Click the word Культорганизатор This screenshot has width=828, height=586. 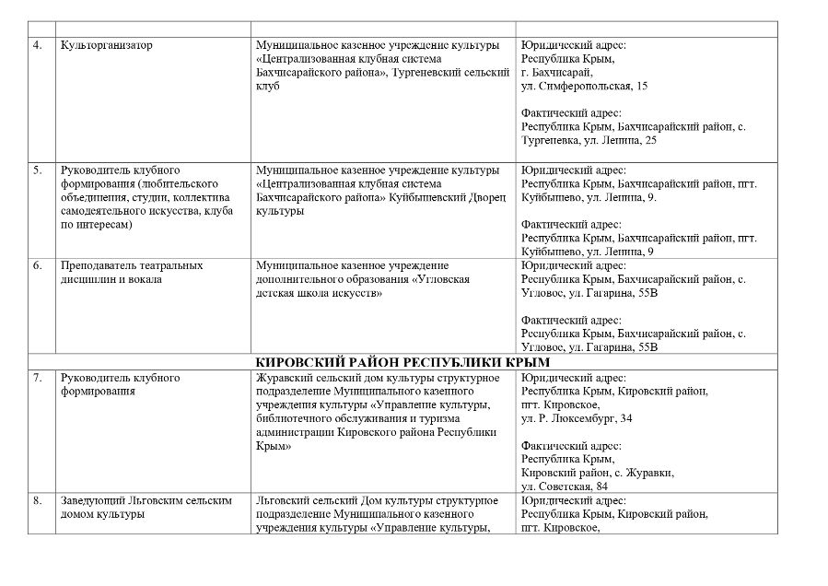click(x=106, y=45)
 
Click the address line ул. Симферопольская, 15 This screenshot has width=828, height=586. click(x=584, y=86)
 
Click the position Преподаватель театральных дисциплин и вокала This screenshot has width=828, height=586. click(x=131, y=272)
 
